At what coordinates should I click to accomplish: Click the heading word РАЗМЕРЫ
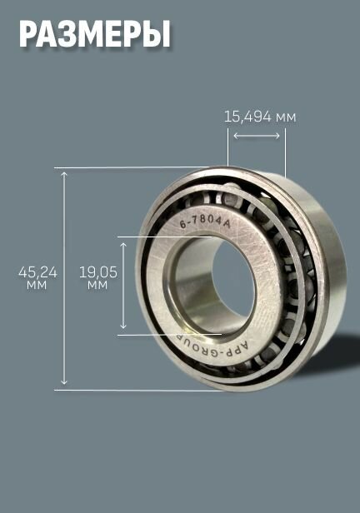[x=95, y=35]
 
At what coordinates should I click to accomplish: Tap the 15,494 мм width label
[x=260, y=117]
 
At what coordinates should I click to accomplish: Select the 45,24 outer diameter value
[x=37, y=272]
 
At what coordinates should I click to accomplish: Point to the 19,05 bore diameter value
[x=98, y=272]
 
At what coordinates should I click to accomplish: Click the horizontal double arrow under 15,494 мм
[x=257, y=136]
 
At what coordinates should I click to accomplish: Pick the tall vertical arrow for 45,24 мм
[x=64, y=278]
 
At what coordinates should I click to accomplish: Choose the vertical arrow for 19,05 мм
[x=123, y=286]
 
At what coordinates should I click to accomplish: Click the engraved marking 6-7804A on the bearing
[x=205, y=223]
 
